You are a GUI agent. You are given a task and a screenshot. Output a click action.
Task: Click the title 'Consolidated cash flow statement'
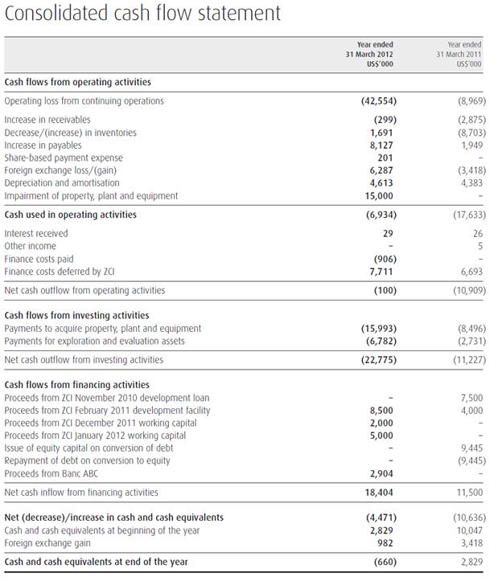pos(142,14)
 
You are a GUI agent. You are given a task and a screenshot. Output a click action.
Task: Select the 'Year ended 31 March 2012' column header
pos(375,55)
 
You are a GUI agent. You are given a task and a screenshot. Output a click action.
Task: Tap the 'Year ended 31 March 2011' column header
pos(464,55)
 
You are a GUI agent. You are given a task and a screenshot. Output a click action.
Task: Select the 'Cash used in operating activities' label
pos(71,215)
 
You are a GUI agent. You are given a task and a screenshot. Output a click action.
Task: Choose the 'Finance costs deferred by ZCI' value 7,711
pos(384,272)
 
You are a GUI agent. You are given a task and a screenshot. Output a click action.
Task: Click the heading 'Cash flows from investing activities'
pos(77,316)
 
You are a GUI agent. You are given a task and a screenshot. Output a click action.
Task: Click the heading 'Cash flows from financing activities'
pos(77,385)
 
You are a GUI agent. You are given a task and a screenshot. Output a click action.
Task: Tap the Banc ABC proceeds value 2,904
pos(384,473)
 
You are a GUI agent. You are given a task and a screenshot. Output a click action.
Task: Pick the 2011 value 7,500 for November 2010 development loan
pos(471,398)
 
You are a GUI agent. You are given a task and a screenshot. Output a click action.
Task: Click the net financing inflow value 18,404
pos(381,492)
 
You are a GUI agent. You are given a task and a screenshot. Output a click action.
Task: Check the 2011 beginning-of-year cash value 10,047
pos(468,530)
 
